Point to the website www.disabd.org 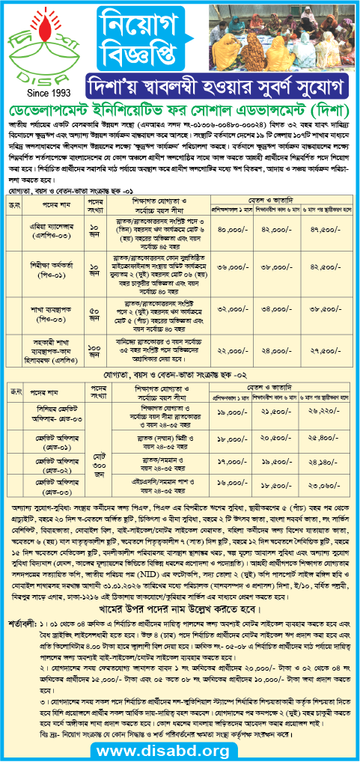(180, 749)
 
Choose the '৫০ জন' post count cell (96, 289)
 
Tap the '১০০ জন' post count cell (96, 327)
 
